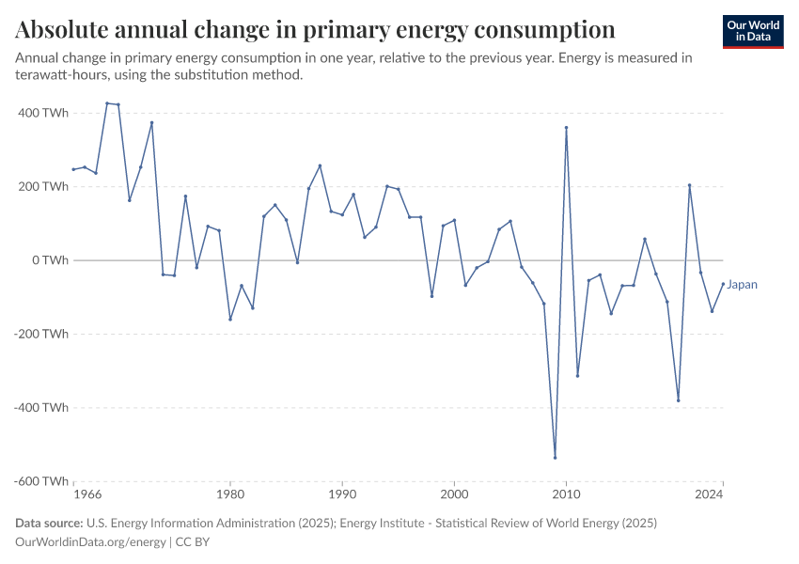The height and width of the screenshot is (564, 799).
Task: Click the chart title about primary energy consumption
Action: pyautogui.click(x=316, y=29)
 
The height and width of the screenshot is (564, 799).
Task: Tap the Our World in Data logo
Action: pyautogui.click(x=753, y=31)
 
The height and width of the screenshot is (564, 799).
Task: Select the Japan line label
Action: pyautogui.click(x=742, y=285)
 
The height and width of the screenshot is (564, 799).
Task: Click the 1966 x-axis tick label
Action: pyautogui.click(x=86, y=493)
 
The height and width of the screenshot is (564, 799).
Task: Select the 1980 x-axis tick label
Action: pyautogui.click(x=230, y=493)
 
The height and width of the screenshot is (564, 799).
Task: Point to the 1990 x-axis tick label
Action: pyautogui.click(x=342, y=493)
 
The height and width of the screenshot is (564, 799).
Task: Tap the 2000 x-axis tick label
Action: pyautogui.click(x=454, y=493)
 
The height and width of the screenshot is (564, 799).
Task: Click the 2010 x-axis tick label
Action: pyautogui.click(x=566, y=493)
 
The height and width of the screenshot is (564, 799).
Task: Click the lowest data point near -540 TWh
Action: pyautogui.click(x=555, y=458)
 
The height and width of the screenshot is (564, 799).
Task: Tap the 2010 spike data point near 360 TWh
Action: pyautogui.click(x=566, y=128)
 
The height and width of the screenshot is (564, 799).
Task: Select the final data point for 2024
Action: pyautogui.click(x=723, y=284)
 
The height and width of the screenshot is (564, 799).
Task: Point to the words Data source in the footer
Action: pyautogui.click(x=48, y=523)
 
